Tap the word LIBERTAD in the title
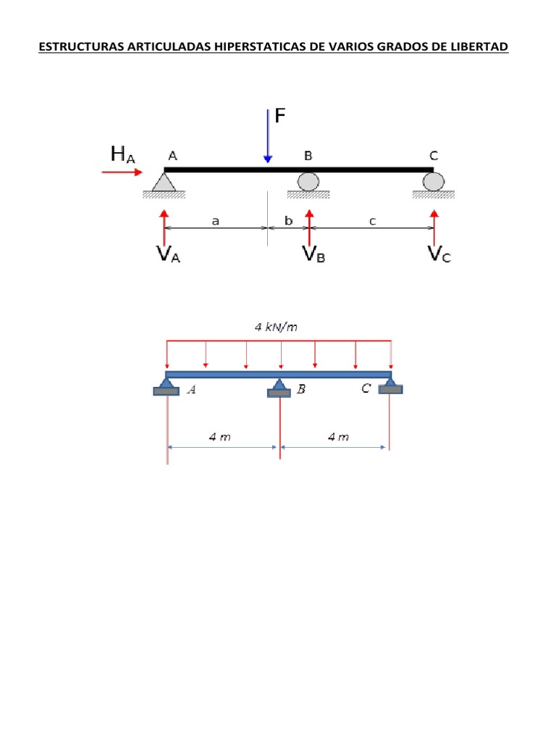[481, 48]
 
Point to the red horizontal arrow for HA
[122, 172]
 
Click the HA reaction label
[122, 154]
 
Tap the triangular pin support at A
[164, 181]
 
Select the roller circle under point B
[308, 181]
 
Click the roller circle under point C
[434, 181]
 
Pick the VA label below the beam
[168, 256]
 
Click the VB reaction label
[313, 256]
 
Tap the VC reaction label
[439, 256]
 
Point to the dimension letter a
[215, 222]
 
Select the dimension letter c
[372, 222]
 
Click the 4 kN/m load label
[276, 327]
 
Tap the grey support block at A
[167, 391]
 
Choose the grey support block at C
[391, 389]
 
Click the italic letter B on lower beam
[302, 390]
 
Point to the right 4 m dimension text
[338, 437]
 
